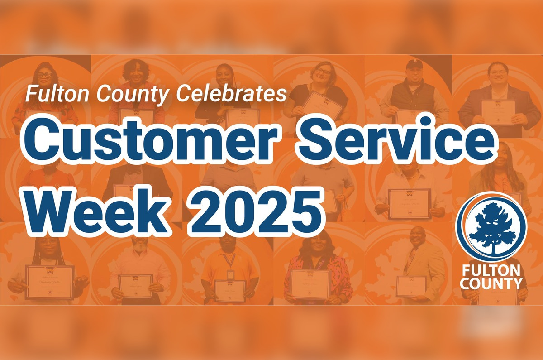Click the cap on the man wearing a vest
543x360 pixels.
point(414,65)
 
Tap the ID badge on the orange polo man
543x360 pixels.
point(230,274)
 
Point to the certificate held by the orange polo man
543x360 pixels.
point(230,290)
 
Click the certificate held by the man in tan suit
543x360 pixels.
point(411,286)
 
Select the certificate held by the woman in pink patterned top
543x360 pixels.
point(310,284)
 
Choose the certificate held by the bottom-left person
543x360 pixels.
point(49,282)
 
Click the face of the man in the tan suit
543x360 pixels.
point(417,237)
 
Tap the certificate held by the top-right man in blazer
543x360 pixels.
point(498,112)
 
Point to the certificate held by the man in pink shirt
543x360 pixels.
point(135,286)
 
